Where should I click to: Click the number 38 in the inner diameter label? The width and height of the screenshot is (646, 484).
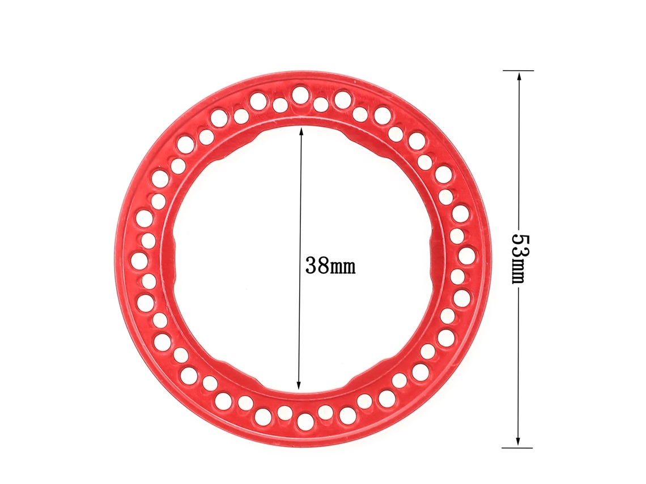pyautogui.click(x=316, y=266)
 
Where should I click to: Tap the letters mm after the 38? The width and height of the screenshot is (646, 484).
pyautogui.click(x=342, y=268)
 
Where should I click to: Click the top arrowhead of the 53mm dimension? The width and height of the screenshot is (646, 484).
pyautogui.click(x=518, y=76)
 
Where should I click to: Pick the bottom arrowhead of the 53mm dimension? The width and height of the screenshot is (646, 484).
pyautogui.click(x=518, y=441)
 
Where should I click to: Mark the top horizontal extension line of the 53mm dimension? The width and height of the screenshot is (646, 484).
pyautogui.click(x=518, y=71)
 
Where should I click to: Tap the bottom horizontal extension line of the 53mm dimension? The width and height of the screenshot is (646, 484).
pyautogui.click(x=517, y=447)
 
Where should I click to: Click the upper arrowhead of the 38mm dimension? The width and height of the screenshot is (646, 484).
pyautogui.click(x=301, y=132)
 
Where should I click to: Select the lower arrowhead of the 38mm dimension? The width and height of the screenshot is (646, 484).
pyautogui.click(x=299, y=384)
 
